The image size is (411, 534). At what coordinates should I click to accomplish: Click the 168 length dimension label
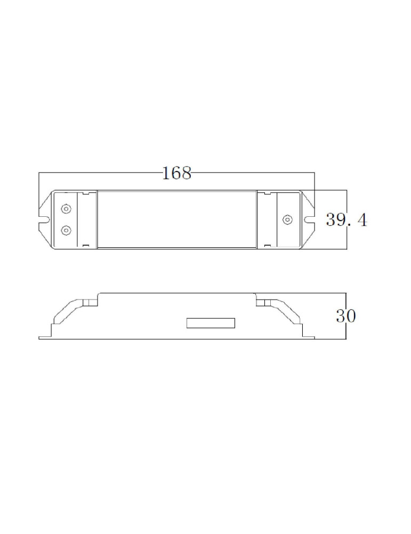[x=176, y=173]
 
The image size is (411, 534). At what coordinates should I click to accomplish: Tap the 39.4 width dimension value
[x=346, y=219]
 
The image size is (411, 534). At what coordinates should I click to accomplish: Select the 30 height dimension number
[x=346, y=316]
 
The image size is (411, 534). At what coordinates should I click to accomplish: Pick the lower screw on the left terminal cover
[x=66, y=230]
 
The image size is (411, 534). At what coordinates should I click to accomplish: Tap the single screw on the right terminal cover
[x=287, y=219]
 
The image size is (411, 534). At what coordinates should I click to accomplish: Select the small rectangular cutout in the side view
[x=211, y=323]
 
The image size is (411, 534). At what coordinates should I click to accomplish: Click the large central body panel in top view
[x=177, y=219]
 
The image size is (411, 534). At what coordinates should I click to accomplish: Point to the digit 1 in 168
[x=165, y=173]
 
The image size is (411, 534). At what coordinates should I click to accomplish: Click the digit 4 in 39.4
[x=361, y=219]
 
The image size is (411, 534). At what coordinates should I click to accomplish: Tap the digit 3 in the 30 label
[x=341, y=316]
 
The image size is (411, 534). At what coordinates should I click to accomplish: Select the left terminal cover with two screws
[x=67, y=219]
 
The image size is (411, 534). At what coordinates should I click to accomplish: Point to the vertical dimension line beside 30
[x=346, y=331]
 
